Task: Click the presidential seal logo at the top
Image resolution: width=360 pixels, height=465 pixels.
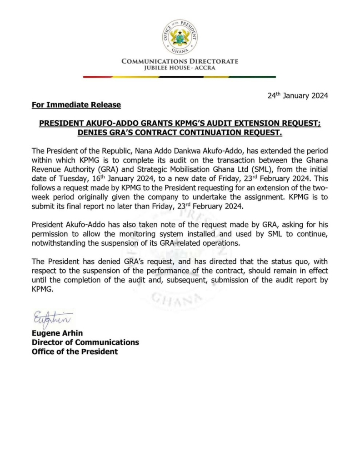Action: (180, 37)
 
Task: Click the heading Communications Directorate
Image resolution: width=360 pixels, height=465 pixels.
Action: (180, 61)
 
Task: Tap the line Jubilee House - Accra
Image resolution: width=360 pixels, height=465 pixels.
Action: (180, 68)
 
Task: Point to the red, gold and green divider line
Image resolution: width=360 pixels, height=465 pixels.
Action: (180, 77)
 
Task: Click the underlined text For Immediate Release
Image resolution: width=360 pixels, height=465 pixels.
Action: (76, 105)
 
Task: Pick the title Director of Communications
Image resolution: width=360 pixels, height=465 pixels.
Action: (85, 342)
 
